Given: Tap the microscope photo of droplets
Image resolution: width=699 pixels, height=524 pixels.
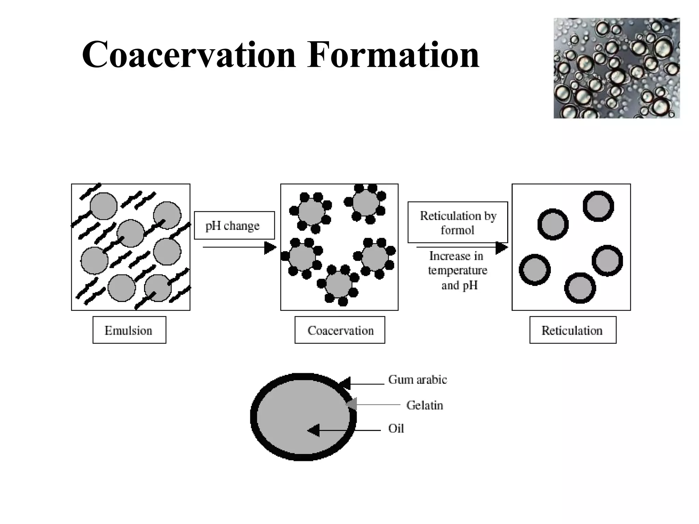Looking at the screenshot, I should click(x=616, y=68).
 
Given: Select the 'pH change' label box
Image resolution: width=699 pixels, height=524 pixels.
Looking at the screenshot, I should click(x=234, y=225).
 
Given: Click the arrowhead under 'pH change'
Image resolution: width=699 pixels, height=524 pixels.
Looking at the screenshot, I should click(x=270, y=247).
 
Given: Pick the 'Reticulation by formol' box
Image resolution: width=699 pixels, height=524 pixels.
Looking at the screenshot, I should click(x=457, y=222).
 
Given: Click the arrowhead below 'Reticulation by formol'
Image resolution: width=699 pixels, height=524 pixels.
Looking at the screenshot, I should click(x=501, y=247).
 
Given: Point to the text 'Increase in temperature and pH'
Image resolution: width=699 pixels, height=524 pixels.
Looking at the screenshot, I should click(x=457, y=271).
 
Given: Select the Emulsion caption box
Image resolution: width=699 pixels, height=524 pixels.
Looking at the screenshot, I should click(x=129, y=330).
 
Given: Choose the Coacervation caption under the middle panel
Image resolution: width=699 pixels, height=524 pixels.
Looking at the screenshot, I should click(x=340, y=330).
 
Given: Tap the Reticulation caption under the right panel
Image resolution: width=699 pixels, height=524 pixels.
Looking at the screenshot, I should click(x=573, y=330).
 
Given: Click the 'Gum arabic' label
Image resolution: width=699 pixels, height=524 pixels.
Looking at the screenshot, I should click(x=417, y=380).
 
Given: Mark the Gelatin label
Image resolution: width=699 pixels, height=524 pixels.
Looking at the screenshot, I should click(x=425, y=405).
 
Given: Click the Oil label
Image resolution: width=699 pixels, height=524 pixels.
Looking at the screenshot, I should click(x=396, y=428).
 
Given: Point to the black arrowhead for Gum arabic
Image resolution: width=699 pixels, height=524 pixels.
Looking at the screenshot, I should click(x=345, y=383).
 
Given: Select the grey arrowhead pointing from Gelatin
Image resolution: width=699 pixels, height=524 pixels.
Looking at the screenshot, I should click(x=352, y=404).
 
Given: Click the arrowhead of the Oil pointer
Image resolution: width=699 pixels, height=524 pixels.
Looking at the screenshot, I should click(x=313, y=431).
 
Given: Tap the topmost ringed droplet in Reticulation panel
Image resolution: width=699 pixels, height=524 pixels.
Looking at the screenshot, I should click(x=598, y=206).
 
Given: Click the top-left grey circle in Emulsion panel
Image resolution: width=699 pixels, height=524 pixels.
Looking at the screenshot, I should click(x=103, y=206).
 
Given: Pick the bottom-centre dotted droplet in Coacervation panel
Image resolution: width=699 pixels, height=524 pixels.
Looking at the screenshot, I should click(x=338, y=284).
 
